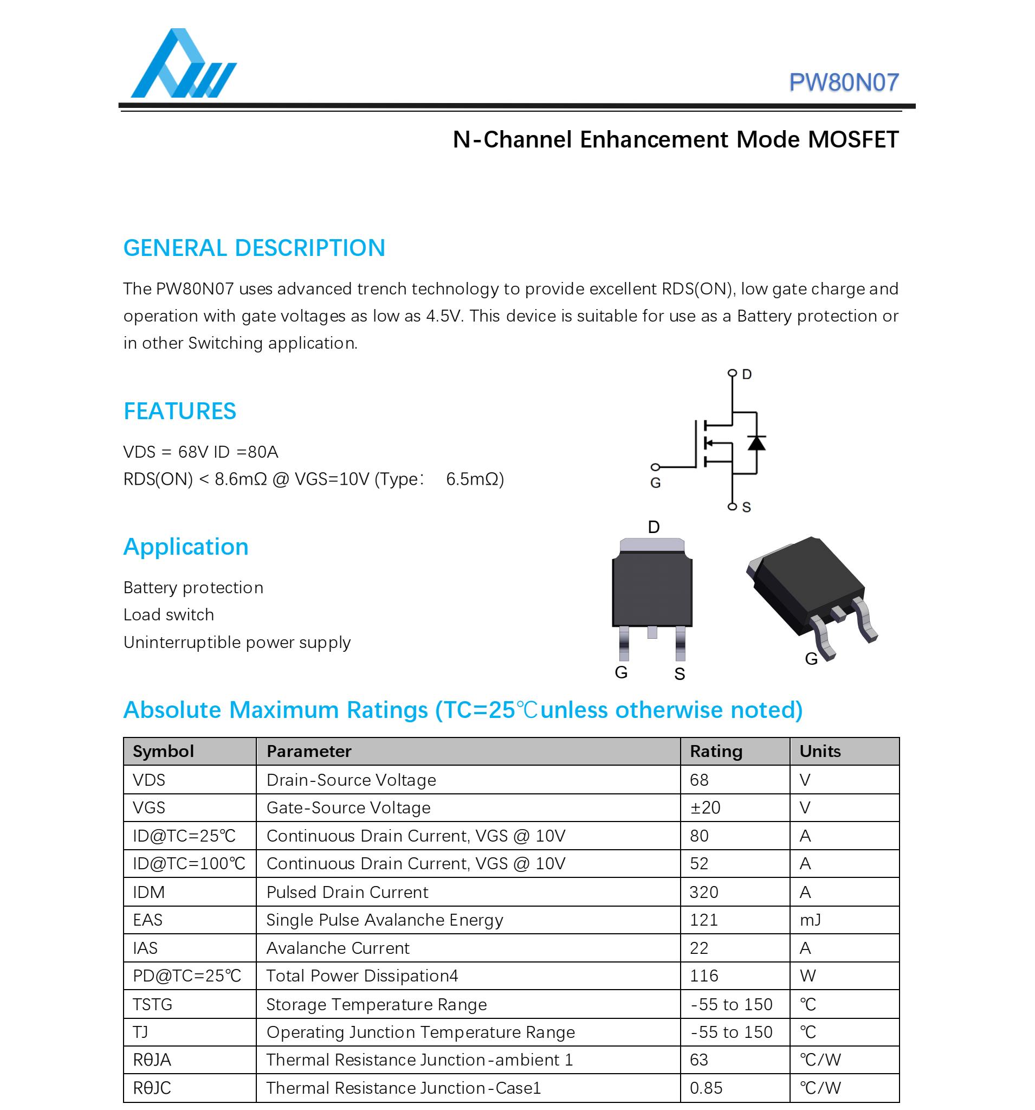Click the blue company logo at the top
click(183, 64)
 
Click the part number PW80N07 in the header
click(843, 82)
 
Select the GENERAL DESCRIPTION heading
click(254, 248)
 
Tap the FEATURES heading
click(180, 411)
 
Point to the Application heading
click(186, 547)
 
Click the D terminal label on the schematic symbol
click(747, 374)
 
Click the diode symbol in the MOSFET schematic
click(756, 443)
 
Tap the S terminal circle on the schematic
click(732, 506)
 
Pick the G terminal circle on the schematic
click(656, 467)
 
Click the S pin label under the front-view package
click(679, 674)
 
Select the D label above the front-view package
click(654, 527)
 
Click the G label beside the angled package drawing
click(811, 659)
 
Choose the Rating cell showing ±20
click(704, 807)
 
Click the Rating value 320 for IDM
click(703, 891)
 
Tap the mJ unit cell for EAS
click(810, 920)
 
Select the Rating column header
click(716, 751)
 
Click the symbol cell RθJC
click(152, 1088)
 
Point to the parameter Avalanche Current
click(338, 947)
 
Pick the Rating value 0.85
click(706, 1088)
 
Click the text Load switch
click(169, 615)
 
